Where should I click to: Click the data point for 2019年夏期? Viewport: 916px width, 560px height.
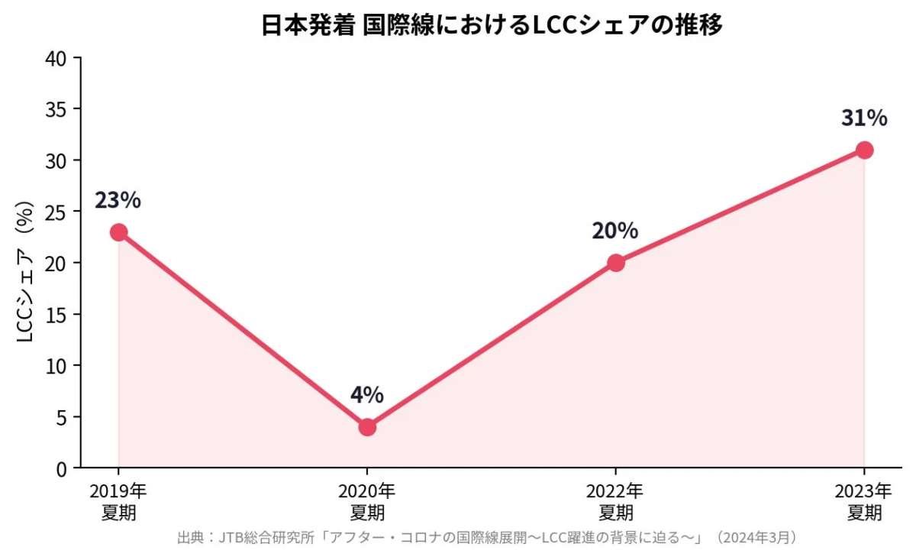pos(118,232)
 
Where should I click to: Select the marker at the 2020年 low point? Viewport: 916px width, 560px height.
pos(367,427)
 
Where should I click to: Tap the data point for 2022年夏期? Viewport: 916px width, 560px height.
pos(616,263)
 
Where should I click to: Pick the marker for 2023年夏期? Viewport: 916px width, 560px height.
pos(864,150)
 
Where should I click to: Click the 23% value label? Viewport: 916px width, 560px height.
pos(118,200)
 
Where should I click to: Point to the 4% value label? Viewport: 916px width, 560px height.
pos(367,395)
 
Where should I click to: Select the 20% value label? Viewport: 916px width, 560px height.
pos(615,231)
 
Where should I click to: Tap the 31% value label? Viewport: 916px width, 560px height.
pos(864,118)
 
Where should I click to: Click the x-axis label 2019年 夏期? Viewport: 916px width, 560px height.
pos(118,500)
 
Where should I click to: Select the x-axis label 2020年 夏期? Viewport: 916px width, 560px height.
pos(367,500)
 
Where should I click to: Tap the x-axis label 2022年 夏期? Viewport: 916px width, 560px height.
pos(616,500)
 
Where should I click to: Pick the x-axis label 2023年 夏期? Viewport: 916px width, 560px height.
pos(864,500)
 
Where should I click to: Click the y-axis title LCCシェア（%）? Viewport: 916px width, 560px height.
pos(24,272)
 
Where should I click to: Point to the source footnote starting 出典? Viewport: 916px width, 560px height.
pos(489,538)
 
